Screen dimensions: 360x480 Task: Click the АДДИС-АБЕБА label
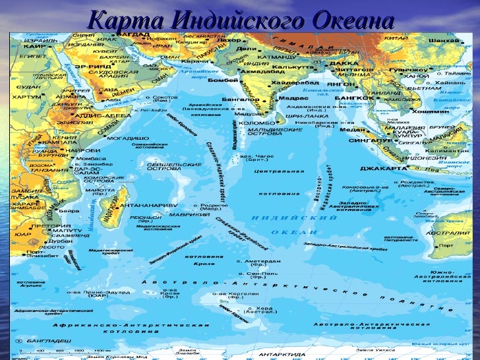100,115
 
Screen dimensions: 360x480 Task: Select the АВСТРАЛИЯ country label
446,233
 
